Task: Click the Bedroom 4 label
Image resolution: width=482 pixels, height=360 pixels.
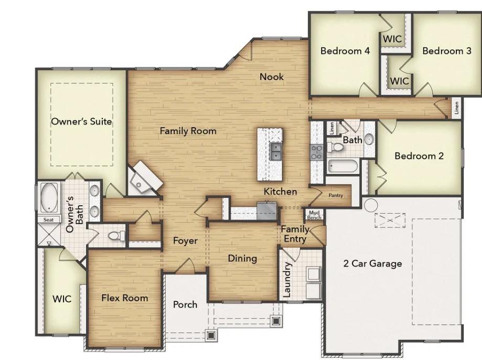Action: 345,51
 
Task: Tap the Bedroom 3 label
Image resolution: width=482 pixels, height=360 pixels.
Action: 446,51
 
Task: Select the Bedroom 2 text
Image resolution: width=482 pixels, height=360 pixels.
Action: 419,156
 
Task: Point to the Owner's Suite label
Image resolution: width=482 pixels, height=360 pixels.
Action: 81,121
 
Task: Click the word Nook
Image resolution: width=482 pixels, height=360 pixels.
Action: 272,77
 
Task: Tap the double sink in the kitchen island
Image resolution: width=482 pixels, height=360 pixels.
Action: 275,152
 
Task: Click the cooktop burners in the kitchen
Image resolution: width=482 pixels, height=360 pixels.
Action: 317,152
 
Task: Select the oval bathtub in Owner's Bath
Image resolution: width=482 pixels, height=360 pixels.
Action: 50,197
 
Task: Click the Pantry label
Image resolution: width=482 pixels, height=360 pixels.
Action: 336,196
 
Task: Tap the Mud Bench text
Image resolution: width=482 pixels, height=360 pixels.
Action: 314,215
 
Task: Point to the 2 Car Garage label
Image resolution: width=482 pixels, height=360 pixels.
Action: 372,263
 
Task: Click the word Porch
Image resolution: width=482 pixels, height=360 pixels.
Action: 185,304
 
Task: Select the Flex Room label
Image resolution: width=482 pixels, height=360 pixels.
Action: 124,298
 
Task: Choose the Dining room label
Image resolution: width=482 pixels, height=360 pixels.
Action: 242,258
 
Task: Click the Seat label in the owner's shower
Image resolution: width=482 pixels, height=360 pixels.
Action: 48,220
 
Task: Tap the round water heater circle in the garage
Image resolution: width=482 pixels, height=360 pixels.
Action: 371,204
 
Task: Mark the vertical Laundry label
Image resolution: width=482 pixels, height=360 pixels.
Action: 287,280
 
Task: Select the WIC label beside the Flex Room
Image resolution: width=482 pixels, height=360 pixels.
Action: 61,299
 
